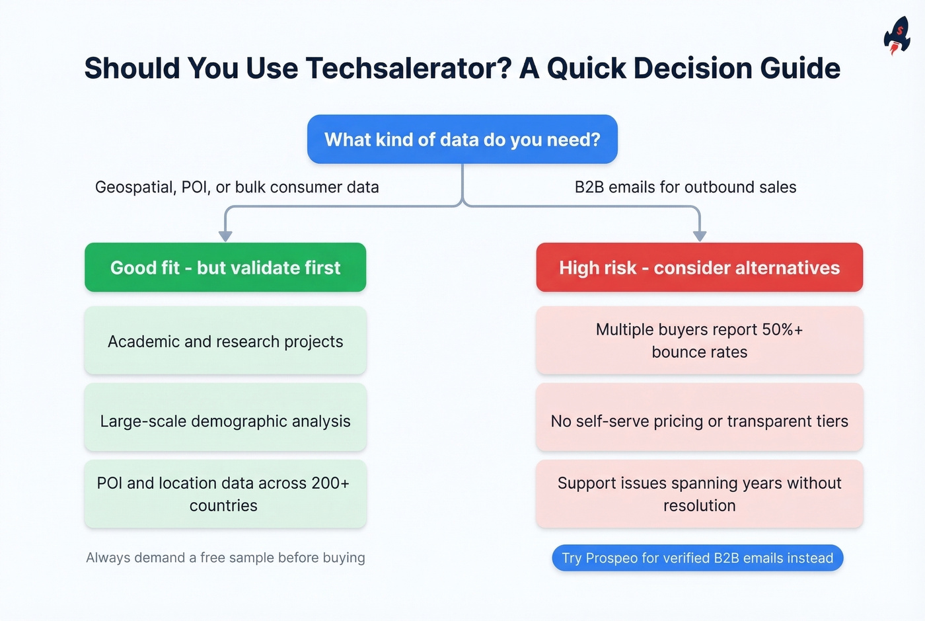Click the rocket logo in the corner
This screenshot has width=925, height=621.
pos(897,35)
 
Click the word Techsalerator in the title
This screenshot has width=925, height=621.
pos(408,68)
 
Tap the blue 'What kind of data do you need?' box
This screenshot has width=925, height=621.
pos(462,140)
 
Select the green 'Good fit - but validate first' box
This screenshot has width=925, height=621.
pos(225,268)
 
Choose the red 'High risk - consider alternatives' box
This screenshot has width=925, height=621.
pos(699,268)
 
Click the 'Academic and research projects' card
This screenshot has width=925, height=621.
pos(225,341)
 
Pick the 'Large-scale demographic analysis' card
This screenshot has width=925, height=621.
pos(225,421)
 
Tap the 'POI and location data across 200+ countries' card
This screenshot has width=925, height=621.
pos(225,494)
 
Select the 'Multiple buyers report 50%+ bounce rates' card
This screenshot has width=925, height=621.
pos(699,341)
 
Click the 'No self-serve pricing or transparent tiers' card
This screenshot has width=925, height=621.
pos(699,421)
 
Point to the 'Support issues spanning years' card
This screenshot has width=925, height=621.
pos(699,494)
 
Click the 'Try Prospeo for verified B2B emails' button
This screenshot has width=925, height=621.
pos(697,558)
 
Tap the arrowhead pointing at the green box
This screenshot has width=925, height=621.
pos(225,235)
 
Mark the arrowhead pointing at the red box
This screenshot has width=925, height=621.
pos(700,235)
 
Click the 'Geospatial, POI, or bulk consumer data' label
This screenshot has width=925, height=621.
pos(237,187)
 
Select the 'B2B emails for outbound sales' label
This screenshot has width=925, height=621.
pos(685,187)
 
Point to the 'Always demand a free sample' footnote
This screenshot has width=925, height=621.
pos(225,558)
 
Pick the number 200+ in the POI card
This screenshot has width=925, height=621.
pos(330,483)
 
